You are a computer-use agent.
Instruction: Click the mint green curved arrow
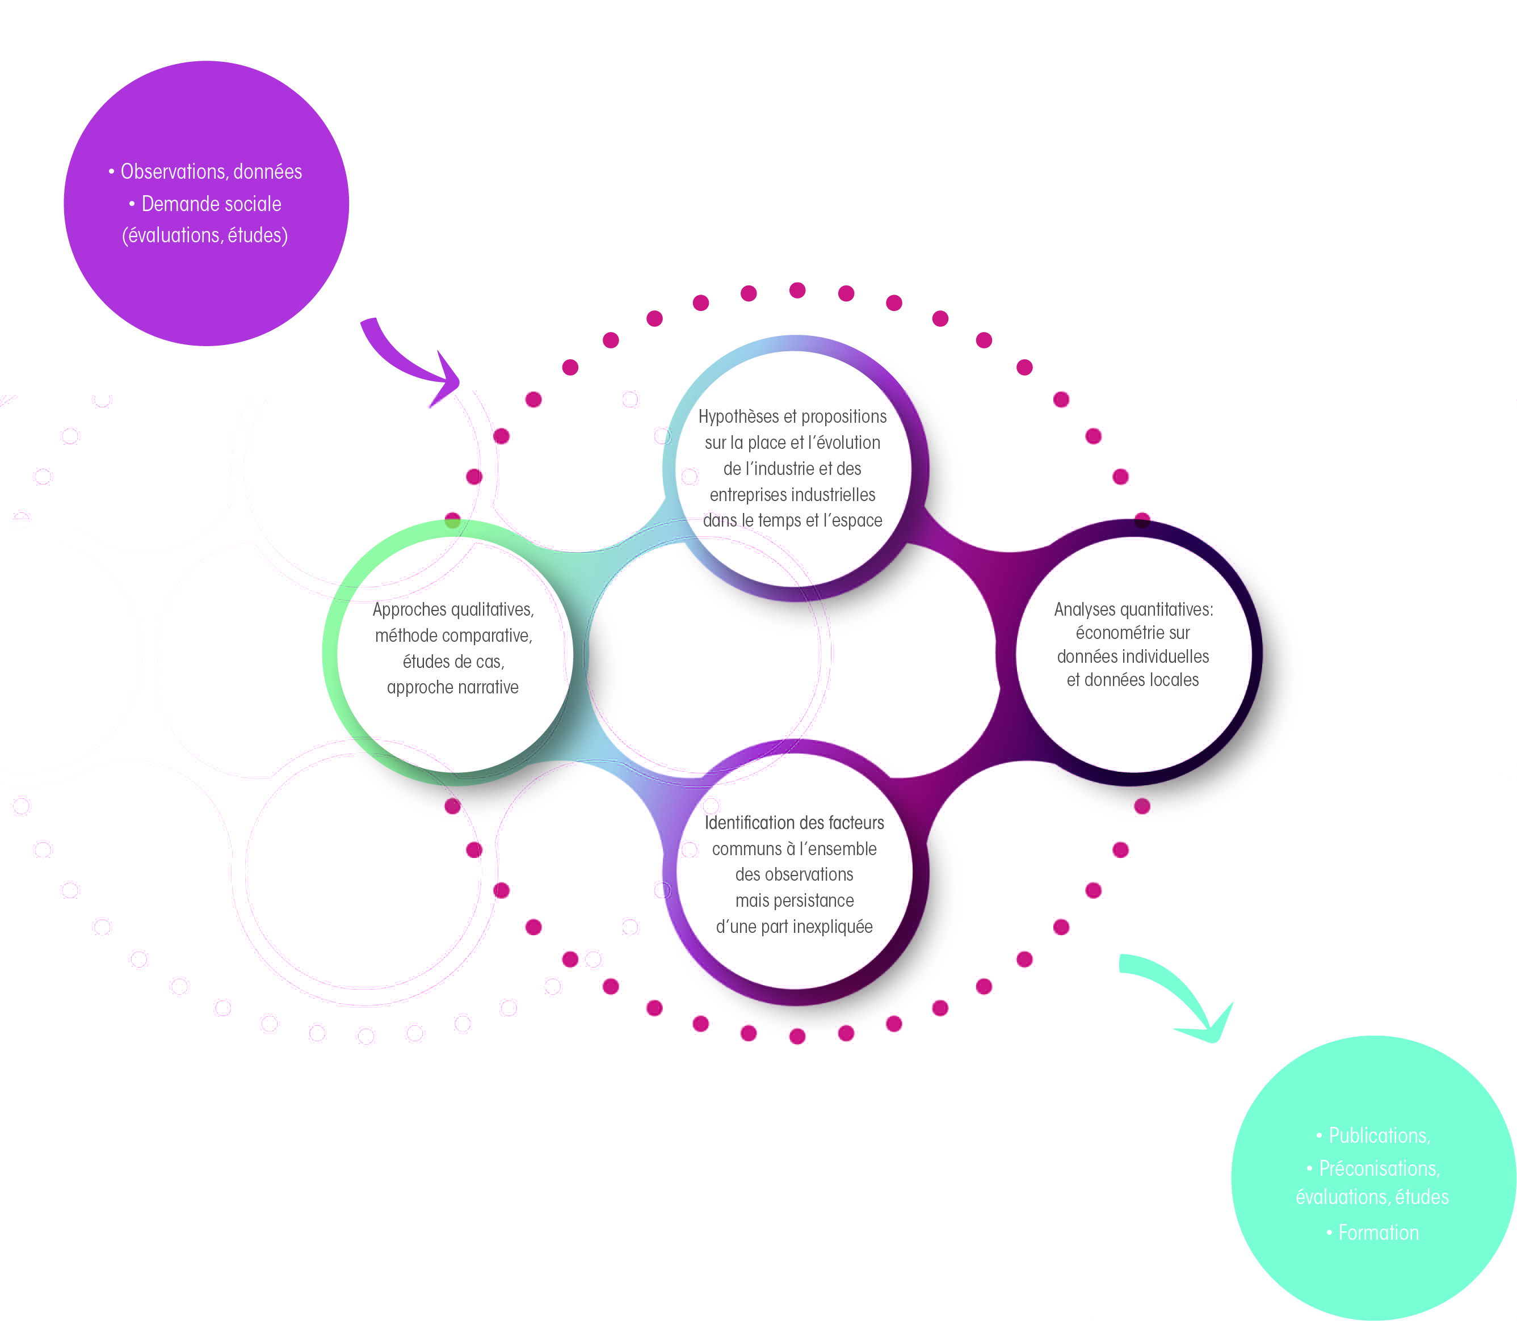tap(1179, 988)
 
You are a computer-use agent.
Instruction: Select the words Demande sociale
tap(212, 204)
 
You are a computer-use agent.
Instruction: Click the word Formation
tap(1379, 1232)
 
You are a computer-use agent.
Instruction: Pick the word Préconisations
tap(1378, 1168)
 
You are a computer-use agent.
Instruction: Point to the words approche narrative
tap(452, 688)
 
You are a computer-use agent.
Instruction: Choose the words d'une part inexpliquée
tap(795, 927)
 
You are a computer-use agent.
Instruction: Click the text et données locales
tap(1133, 680)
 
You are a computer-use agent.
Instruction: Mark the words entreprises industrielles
tap(792, 495)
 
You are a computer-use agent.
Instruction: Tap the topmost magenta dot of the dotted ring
tap(797, 291)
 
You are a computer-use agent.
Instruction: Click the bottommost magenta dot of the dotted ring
tap(797, 1037)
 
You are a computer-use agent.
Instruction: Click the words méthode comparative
tap(453, 636)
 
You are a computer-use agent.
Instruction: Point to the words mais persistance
tap(795, 901)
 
